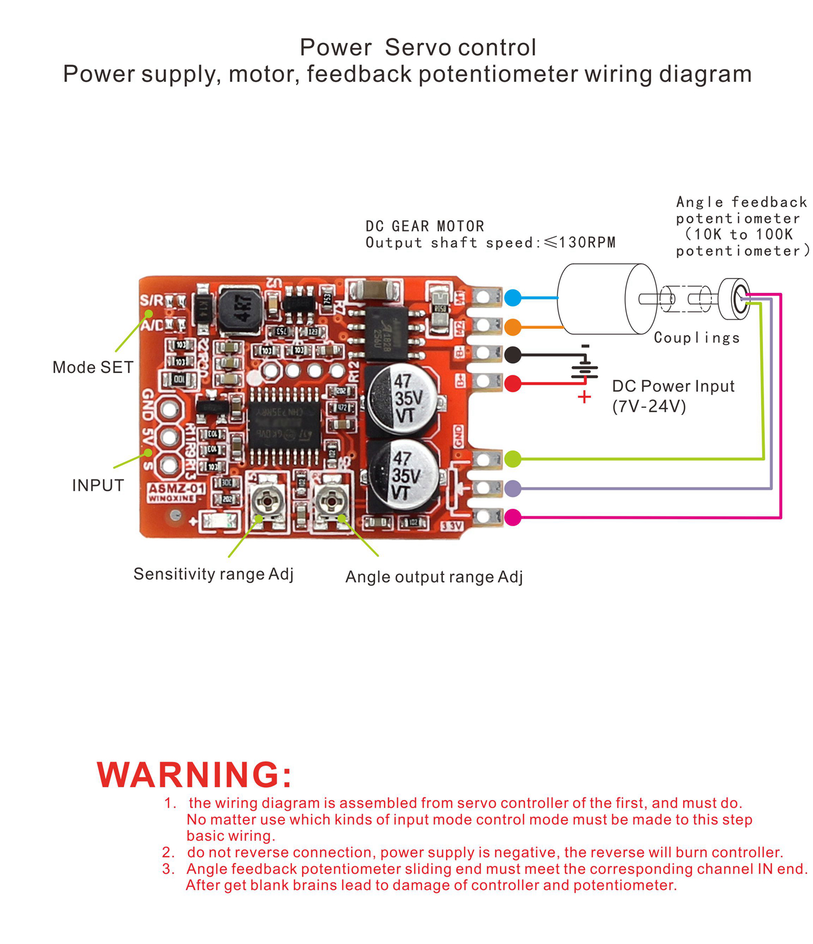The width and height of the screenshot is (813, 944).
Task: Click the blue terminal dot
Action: (513, 298)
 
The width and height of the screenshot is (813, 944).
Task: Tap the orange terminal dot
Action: (513, 327)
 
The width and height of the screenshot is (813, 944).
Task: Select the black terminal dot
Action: (513, 355)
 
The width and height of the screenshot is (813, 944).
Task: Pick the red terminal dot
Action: (513, 384)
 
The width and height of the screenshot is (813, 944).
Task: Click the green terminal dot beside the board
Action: (513, 459)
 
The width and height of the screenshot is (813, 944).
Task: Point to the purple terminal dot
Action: (513, 488)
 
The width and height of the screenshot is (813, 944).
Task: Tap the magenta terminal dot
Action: (513, 517)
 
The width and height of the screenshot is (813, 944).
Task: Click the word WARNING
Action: (195, 775)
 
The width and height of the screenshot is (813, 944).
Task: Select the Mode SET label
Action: (93, 367)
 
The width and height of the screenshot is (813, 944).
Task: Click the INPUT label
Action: (98, 486)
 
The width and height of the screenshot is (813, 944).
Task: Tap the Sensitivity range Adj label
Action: (213, 574)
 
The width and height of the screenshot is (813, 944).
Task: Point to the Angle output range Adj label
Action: (434, 577)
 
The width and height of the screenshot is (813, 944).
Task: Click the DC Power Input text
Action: (673, 386)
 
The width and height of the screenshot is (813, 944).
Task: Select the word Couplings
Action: (697, 338)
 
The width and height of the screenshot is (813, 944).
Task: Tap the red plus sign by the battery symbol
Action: (585, 397)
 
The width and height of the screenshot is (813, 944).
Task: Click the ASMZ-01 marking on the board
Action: (176, 489)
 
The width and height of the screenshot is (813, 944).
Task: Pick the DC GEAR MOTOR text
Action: (425, 226)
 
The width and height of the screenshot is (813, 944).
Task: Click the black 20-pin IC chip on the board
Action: (284, 427)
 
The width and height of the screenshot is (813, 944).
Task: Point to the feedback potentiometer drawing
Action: (735, 299)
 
